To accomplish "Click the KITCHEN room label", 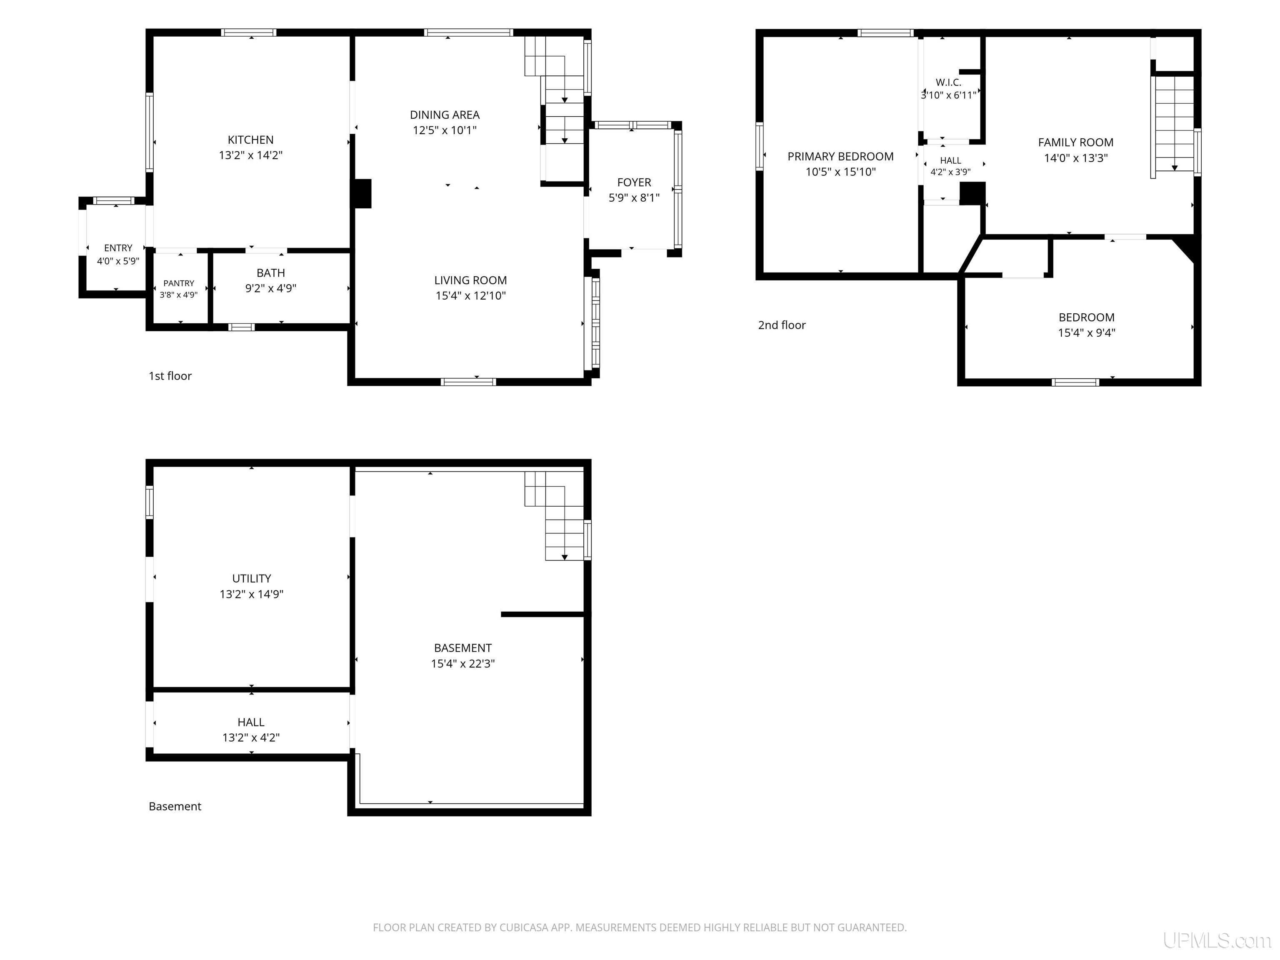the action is click(250, 140).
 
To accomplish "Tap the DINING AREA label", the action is click(445, 115).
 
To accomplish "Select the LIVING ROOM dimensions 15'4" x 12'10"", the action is click(470, 296).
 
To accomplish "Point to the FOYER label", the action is click(634, 182).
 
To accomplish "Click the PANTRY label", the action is click(179, 283).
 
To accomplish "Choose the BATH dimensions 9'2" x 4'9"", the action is click(271, 288).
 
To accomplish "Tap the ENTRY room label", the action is click(118, 247).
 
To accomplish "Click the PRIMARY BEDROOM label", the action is click(840, 156).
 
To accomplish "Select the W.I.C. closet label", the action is click(948, 82).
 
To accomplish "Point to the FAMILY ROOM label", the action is click(1075, 142).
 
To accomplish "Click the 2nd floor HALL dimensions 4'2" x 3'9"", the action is click(950, 172).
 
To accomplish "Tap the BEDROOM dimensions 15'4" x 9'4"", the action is click(1086, 333).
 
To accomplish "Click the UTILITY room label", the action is click(251, 578).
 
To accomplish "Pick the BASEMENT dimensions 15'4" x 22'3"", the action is click(462, 663).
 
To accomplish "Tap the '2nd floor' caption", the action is click(782, 325).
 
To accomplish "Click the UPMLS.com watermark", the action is click(1217, 940).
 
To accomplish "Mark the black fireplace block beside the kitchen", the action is click(362, 193).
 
